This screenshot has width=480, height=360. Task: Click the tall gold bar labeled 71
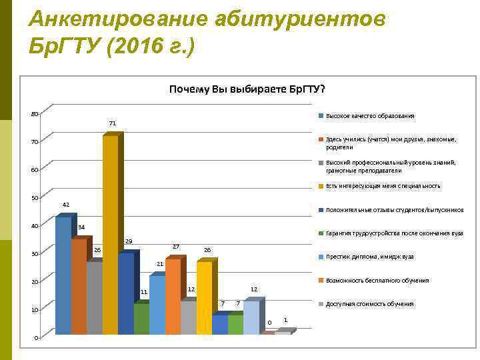click(110, 233)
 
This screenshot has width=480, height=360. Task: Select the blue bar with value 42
click(63, 275)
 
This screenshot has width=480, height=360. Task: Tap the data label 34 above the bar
click(81, 227)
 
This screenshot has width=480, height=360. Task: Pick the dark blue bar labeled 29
click(125, 293)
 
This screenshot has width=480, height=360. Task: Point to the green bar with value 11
click(141, 318)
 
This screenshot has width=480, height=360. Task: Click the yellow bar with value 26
click(204, 297)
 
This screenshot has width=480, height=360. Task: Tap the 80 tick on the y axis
click(35, 113)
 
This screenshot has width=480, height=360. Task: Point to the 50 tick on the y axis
click(35, 198)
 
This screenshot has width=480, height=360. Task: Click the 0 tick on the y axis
click(37, 337)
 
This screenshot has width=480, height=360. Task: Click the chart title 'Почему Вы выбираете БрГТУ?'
click(247, 89)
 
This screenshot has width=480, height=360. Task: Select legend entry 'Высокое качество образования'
click(370, 116)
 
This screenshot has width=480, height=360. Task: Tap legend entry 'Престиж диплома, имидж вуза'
click(369, 257)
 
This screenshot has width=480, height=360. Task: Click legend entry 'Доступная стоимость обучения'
click(369, 304)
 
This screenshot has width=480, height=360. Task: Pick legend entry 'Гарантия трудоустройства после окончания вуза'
click(394, 233)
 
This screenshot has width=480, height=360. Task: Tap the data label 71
click(113, 123)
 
